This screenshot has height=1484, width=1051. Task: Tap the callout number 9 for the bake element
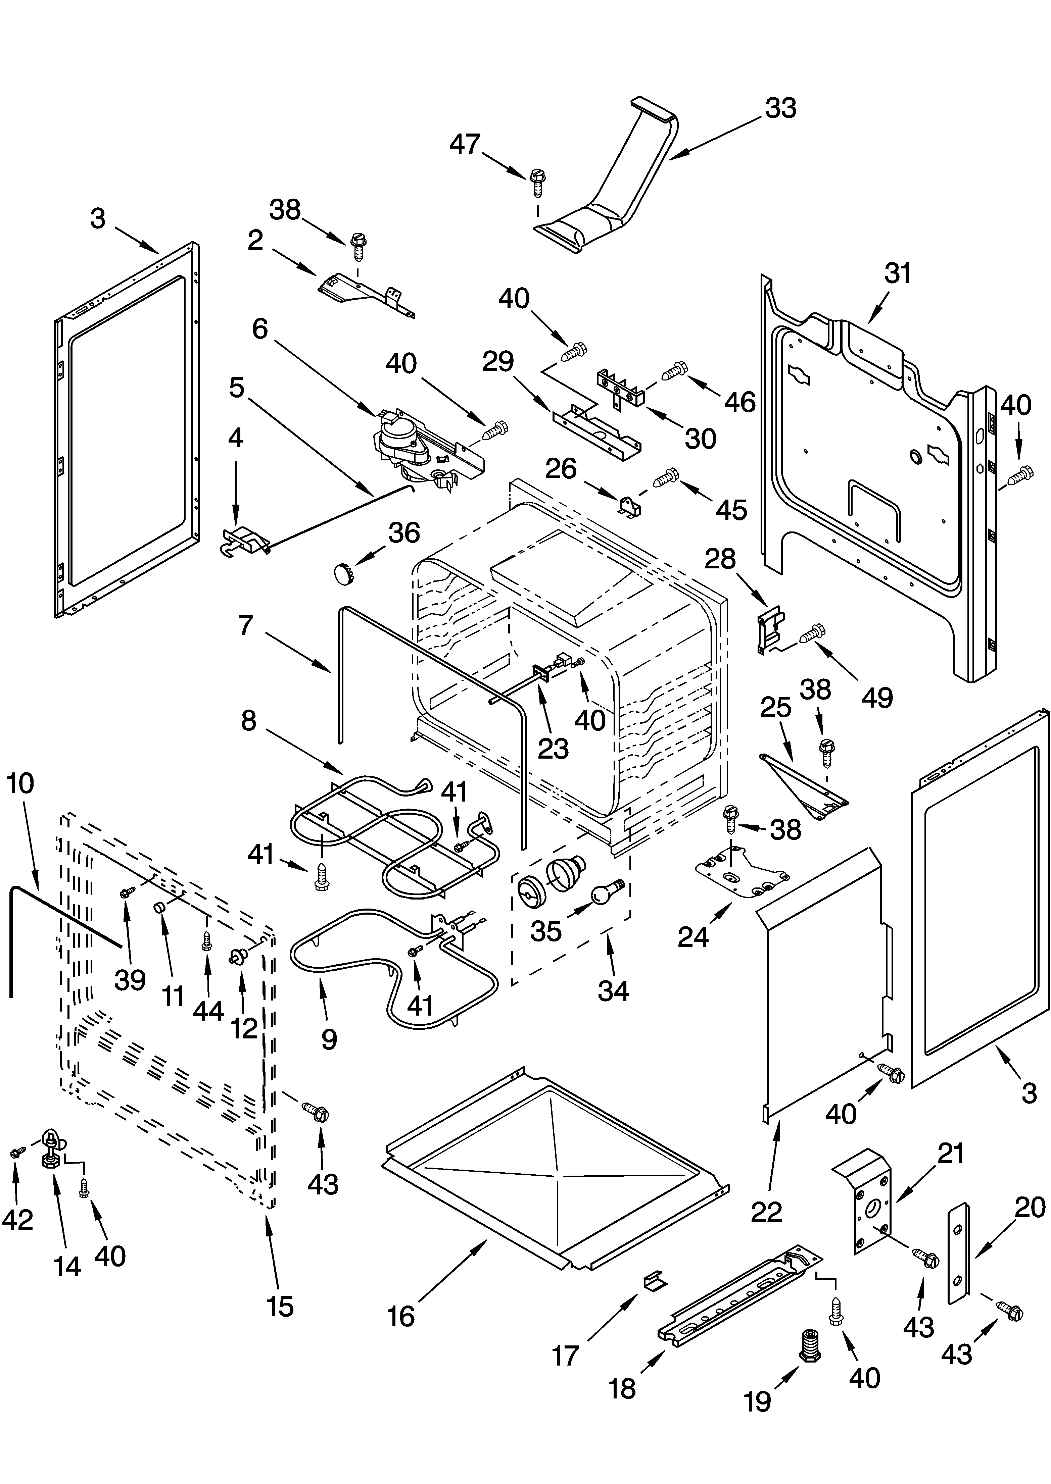329,1039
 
